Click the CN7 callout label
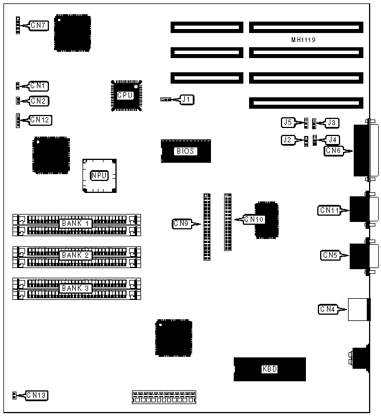(x=40, y=26)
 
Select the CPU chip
(x=125, y=95)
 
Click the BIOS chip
(x=185, y=151)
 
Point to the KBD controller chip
(x=270, y=369)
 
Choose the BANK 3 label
(x=76, y=288)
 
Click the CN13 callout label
(x=36, y=395)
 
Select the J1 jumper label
(x=187, y=100)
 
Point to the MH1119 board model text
(x=303, y=40)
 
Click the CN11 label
(x=330, y=211)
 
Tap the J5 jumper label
(x=288, y=122)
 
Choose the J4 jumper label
(x=332, y=139)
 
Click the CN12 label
(x=40, y=120)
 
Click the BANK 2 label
(x=76, y=255)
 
